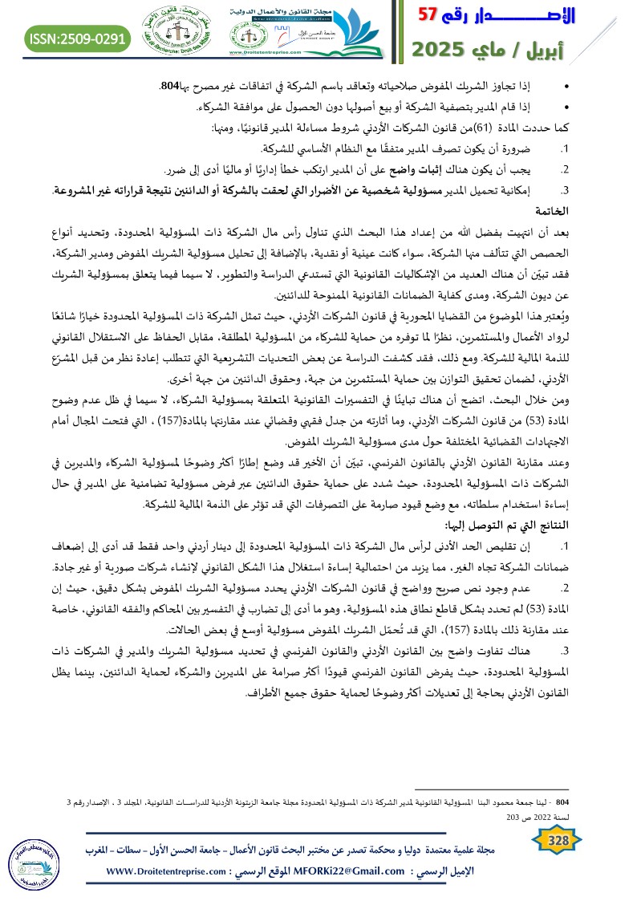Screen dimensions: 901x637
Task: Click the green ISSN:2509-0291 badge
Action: click(x=78, y=37)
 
